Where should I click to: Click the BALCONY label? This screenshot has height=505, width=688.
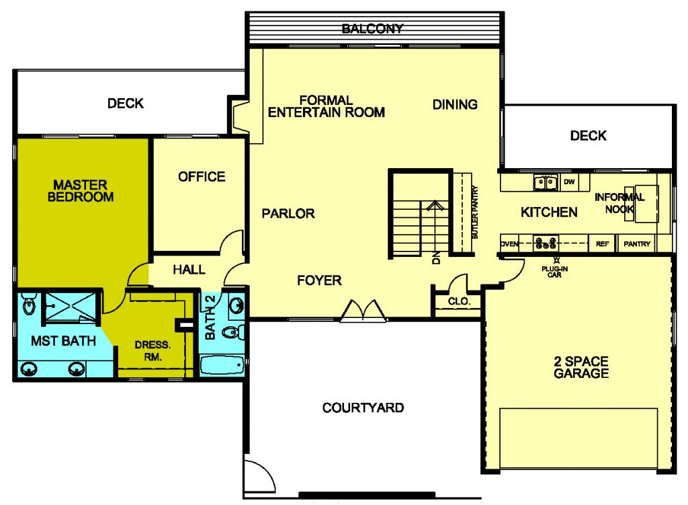click(372, 29)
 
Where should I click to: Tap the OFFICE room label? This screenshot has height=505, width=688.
click(202, 177)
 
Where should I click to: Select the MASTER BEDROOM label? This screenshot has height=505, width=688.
click(81, 190)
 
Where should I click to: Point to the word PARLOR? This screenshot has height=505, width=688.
click(288, 213)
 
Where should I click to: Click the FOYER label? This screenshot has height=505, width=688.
click(319, 280)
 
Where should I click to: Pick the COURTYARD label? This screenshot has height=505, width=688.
click(363, 407)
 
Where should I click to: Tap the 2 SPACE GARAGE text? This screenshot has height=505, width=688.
click(581, 367)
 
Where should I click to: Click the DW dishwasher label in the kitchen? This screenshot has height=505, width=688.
click(569, 182)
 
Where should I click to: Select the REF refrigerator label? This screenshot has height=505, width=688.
click(603, 243)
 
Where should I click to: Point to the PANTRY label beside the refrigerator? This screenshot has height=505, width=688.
click(637, 243)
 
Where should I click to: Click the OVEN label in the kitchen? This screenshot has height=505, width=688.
click(509, 243)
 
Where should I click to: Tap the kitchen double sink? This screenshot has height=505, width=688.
click(546, 182)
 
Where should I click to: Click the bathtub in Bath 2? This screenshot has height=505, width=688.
click(222, 365)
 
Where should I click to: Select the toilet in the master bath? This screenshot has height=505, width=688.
click(29, 303)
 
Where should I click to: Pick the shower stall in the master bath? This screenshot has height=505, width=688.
click(69, 306)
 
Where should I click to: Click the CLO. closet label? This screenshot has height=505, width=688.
click(459, 301)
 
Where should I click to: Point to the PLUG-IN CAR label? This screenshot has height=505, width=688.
click(554, 272)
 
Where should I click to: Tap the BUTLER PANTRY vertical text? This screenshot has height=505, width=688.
click(475, 212)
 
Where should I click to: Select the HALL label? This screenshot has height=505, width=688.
click(189, 269)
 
